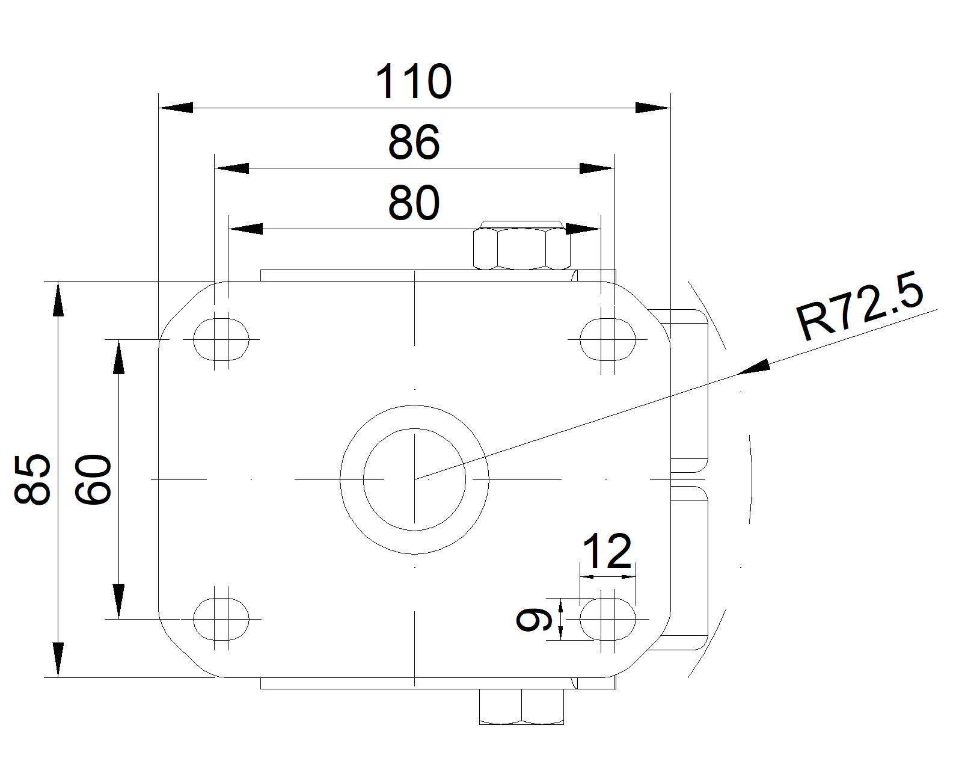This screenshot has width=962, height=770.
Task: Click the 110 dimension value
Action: [414, 82]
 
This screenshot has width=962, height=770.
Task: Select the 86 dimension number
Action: [414, 143]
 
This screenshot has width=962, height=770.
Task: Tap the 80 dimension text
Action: [414, 203]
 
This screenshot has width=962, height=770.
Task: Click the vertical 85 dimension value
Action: [32, 479]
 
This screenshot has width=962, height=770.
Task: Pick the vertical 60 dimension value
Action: [93, 479]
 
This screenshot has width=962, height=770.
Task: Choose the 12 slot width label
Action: [608, 551]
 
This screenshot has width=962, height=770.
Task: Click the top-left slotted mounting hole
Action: [221, 340]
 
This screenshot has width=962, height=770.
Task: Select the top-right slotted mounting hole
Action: [608, 340]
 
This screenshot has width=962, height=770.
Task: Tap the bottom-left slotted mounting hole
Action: [221, 619]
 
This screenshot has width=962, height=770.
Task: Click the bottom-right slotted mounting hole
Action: [608, 619]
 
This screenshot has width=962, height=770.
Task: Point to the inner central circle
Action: [414, 479]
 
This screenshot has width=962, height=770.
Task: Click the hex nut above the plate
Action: [522, 248]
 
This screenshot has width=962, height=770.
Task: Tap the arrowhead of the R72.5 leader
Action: [754, 367]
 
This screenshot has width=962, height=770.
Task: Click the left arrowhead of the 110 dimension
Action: [176, 108]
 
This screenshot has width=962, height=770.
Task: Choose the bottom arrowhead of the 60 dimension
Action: [119, 601]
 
